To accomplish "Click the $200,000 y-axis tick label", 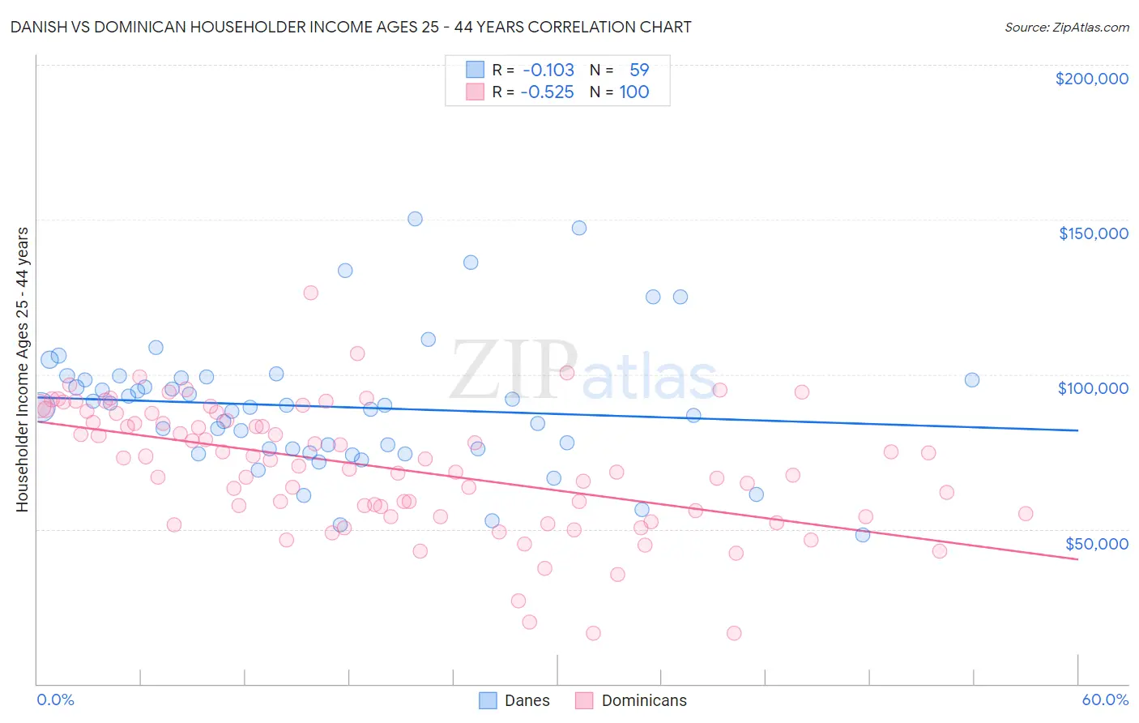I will coord(1091,79).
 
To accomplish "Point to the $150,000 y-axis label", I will coord(1093,233).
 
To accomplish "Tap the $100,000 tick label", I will coord(1093,388).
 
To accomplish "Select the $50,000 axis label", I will coord(1096,543).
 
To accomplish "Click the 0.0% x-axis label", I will coord(55,699).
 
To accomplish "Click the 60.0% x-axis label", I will coord(1105,699).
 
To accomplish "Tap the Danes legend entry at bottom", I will coord(515,700).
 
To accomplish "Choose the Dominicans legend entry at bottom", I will coord(631,700).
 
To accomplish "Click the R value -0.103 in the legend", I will coord(548,71).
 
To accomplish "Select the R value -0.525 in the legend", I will coord(547,92).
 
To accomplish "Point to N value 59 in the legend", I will coord(639,71).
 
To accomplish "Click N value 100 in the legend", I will coord(634,92).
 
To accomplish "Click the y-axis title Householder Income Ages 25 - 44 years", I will coord(22,370).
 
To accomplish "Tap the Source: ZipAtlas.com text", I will coord(1066,28).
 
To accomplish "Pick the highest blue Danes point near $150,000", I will coord(415,219).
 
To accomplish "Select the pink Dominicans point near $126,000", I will coord(310,293).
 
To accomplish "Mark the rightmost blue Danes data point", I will coord(972,380).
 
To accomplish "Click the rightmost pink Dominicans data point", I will coord(1026,513).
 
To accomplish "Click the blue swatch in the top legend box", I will coord(475,71).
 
